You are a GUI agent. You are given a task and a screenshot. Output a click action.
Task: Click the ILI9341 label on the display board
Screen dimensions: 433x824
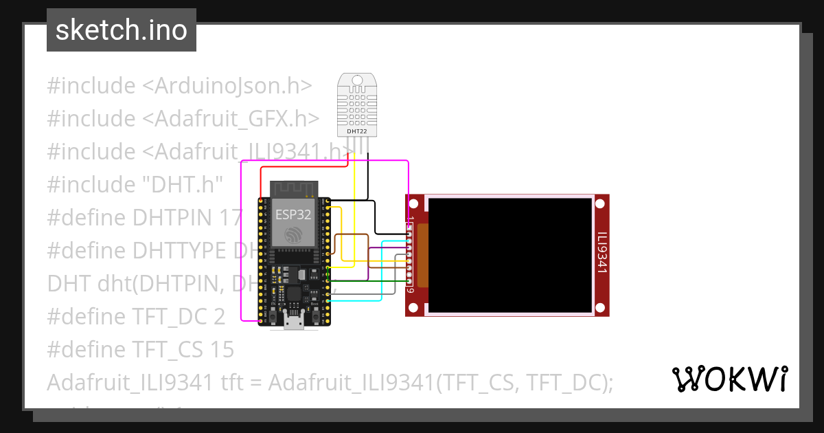602,253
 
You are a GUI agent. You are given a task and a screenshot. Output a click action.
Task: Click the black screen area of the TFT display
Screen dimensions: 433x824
510,254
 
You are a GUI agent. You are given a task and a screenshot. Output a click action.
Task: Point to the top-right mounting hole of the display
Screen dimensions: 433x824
600,204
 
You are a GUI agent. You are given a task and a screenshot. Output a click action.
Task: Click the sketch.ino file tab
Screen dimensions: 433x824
122,30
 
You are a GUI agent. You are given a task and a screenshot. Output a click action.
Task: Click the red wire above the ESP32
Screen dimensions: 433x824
302,166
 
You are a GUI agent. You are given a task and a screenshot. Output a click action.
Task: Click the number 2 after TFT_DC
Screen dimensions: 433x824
219,317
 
